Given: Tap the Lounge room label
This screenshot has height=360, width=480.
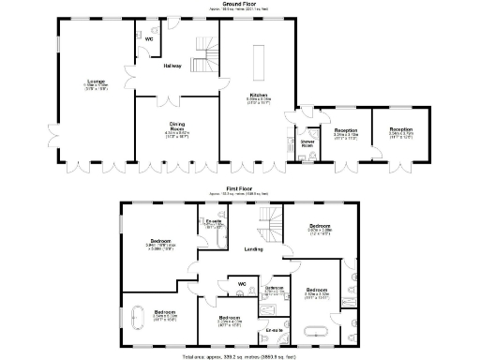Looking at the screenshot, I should (x=96, y=82).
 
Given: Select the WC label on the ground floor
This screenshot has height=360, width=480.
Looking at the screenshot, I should (x=149, y=39).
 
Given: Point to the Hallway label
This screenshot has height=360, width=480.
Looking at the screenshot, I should (x=172, y=67).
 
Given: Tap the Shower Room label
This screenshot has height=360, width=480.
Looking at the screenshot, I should (x=307, y=143).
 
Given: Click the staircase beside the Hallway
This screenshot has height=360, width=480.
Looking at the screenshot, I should (x=205, y=52).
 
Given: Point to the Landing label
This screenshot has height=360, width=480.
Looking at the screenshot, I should (x=252, y=248).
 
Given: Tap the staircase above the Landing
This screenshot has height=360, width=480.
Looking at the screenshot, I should (x=269, y=225).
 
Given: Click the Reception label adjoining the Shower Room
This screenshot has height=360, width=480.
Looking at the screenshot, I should (x=347, y=129).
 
